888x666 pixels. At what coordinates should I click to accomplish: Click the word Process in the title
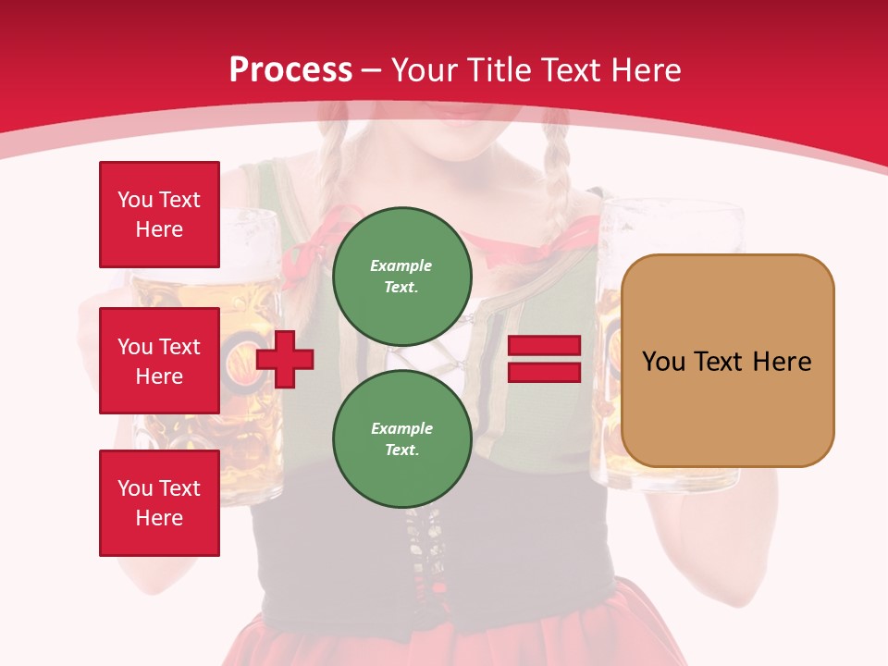click(290, 69)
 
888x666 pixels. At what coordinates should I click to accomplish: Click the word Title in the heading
click(498, 69)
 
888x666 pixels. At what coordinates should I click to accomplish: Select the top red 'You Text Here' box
click(159, 215)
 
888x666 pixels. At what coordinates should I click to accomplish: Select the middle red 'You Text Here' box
click(159, 361)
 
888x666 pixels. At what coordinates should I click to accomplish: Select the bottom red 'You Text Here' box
click(159, 503)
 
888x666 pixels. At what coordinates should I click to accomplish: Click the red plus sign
click(285, 358)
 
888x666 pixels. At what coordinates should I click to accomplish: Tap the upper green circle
click(402, 277)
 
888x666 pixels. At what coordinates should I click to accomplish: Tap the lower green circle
click(402, 438)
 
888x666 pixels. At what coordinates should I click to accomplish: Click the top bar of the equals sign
click(545, 346)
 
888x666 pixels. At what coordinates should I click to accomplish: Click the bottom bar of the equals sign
click(545, 372)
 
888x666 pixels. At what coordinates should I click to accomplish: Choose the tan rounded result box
click(727, 407)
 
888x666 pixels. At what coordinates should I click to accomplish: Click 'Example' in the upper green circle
click(401, 265)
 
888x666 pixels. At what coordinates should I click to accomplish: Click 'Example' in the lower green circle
click(401, 428)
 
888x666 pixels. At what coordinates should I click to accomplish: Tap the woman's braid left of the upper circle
click(331, 185)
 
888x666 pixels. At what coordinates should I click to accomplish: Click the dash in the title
click(372, 70)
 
